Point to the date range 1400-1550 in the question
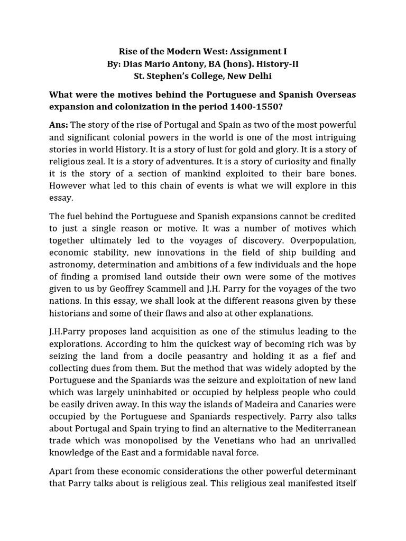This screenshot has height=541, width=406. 255,106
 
